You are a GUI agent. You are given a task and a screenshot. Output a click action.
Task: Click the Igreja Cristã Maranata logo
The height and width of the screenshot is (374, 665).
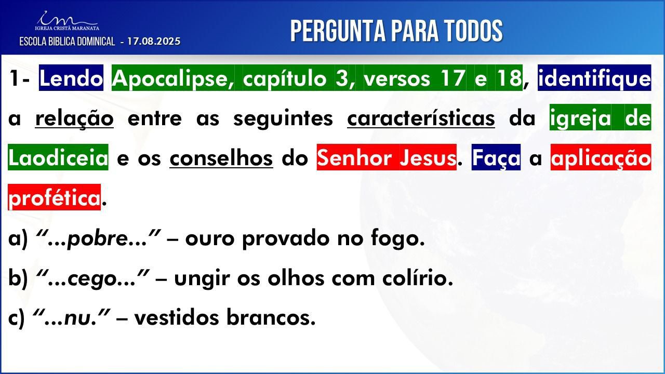pyautogui.click(x=67, y=21)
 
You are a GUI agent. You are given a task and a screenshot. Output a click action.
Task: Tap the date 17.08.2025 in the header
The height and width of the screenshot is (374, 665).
pyautogui.click(x=154, y=41)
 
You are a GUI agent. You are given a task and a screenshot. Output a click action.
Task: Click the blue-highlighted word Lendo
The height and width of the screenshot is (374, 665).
pyautogui.click(x=71, y=78)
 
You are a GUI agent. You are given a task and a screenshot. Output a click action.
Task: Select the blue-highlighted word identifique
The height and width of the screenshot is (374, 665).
pyautogui.click(x=594, y=78)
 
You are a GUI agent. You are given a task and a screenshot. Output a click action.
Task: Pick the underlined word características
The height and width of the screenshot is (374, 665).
pyautogui.click(x=421, y=118)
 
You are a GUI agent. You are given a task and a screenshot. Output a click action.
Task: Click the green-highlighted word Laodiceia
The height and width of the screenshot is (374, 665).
pyautogui.click(x=58, y=157)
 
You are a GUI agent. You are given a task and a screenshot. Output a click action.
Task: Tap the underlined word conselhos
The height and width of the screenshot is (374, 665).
pyautogui.click(x=221, y=158)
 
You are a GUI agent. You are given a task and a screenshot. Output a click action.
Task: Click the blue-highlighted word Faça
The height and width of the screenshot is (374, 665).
pyautogui.click(x=496, y=157)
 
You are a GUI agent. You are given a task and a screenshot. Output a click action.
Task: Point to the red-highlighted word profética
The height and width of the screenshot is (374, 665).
pyautogui.click(x=55, y=197)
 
